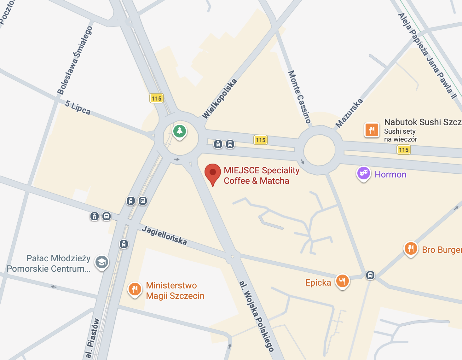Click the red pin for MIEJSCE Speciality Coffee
coord(213,173)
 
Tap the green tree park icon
coord(180,131)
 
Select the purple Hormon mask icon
coord(363,173)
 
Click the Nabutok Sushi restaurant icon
coord(372,130)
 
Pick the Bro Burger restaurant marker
coord(411,249)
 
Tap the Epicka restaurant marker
coord(342,281)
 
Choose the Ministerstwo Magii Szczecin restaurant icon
coord(135,289)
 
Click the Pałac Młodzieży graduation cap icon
coord(102,262)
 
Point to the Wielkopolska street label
coord(219,99)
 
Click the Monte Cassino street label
coord(299,96)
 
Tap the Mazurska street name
coord(349,113)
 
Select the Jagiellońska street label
coord(164,235)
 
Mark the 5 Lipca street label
coord(78,107)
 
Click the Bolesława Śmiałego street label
coord(75,60)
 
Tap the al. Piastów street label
coord(93,338)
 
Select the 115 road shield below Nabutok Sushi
coord(404,150)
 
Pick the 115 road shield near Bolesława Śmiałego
coord(156,98)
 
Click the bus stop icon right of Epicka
coord(370,275)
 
